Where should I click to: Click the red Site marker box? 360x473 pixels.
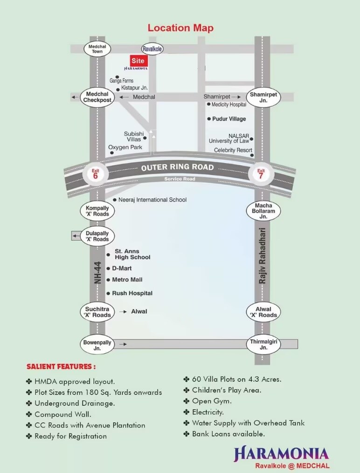point(138,61)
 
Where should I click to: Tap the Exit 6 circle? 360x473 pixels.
point(96,174)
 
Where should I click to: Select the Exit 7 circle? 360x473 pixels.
point(261,174)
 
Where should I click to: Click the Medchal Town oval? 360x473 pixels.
point(97,49)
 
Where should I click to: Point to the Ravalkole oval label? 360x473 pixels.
point(152,49)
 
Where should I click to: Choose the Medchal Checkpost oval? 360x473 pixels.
point(97,97)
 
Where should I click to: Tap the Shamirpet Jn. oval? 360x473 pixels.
point(263,97)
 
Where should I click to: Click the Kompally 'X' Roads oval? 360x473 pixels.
point(97,211)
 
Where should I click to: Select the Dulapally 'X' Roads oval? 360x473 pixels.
point(97,236)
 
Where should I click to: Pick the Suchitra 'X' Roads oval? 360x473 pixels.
point(98,312)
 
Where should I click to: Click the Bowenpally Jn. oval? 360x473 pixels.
point(97,345)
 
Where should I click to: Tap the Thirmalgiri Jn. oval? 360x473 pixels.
point(263,345)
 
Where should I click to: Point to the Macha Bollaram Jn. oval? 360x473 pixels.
point(263,211)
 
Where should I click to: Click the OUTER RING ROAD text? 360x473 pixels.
point(177,167)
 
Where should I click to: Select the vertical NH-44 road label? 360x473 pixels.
point(97,273)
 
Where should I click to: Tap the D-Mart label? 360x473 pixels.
point(122,268)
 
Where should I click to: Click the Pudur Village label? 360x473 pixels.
point(229,119)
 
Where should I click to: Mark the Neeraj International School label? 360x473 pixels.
point(152,200)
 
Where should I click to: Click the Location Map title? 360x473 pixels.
point(180,28)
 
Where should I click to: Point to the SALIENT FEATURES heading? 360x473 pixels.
point(61,367)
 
